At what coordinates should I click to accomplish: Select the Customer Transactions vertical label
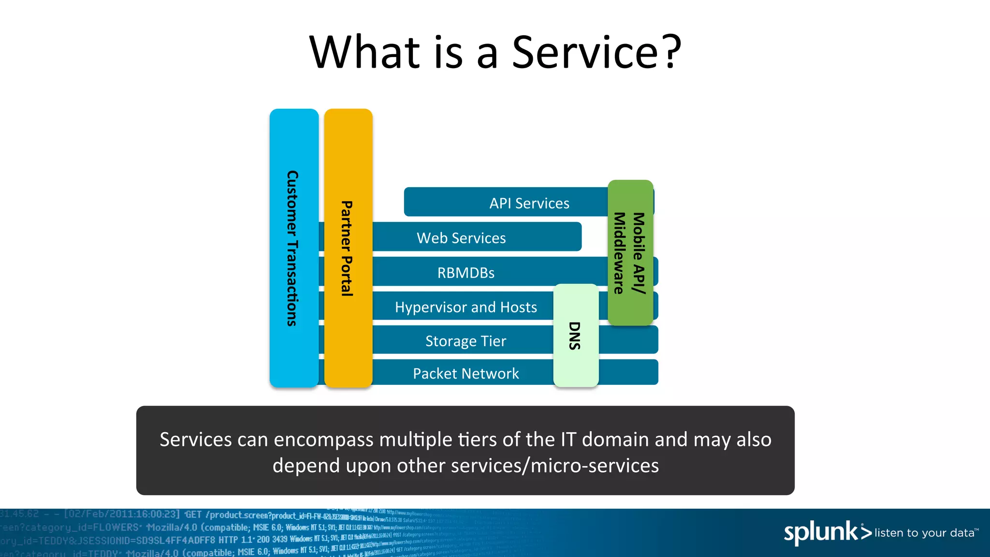(292, 248)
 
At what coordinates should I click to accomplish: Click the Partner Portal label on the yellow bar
(347, 248)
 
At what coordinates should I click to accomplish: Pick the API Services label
(529, 203)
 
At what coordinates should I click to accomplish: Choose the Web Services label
(461, 238)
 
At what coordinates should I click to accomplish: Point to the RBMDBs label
(466, 273)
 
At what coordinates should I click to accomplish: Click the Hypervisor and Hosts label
(466, 307)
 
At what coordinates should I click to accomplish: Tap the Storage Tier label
(466, 341)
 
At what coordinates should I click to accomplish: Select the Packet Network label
(466, 373)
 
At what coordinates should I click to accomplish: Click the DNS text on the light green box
(574, 336)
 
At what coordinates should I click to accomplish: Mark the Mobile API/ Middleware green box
(630, 253)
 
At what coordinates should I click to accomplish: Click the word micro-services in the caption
(595, 466)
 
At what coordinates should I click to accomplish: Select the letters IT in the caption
(568, 440)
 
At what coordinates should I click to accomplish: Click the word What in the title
(365, 52)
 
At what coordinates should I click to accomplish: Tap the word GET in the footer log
(193, 514)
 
